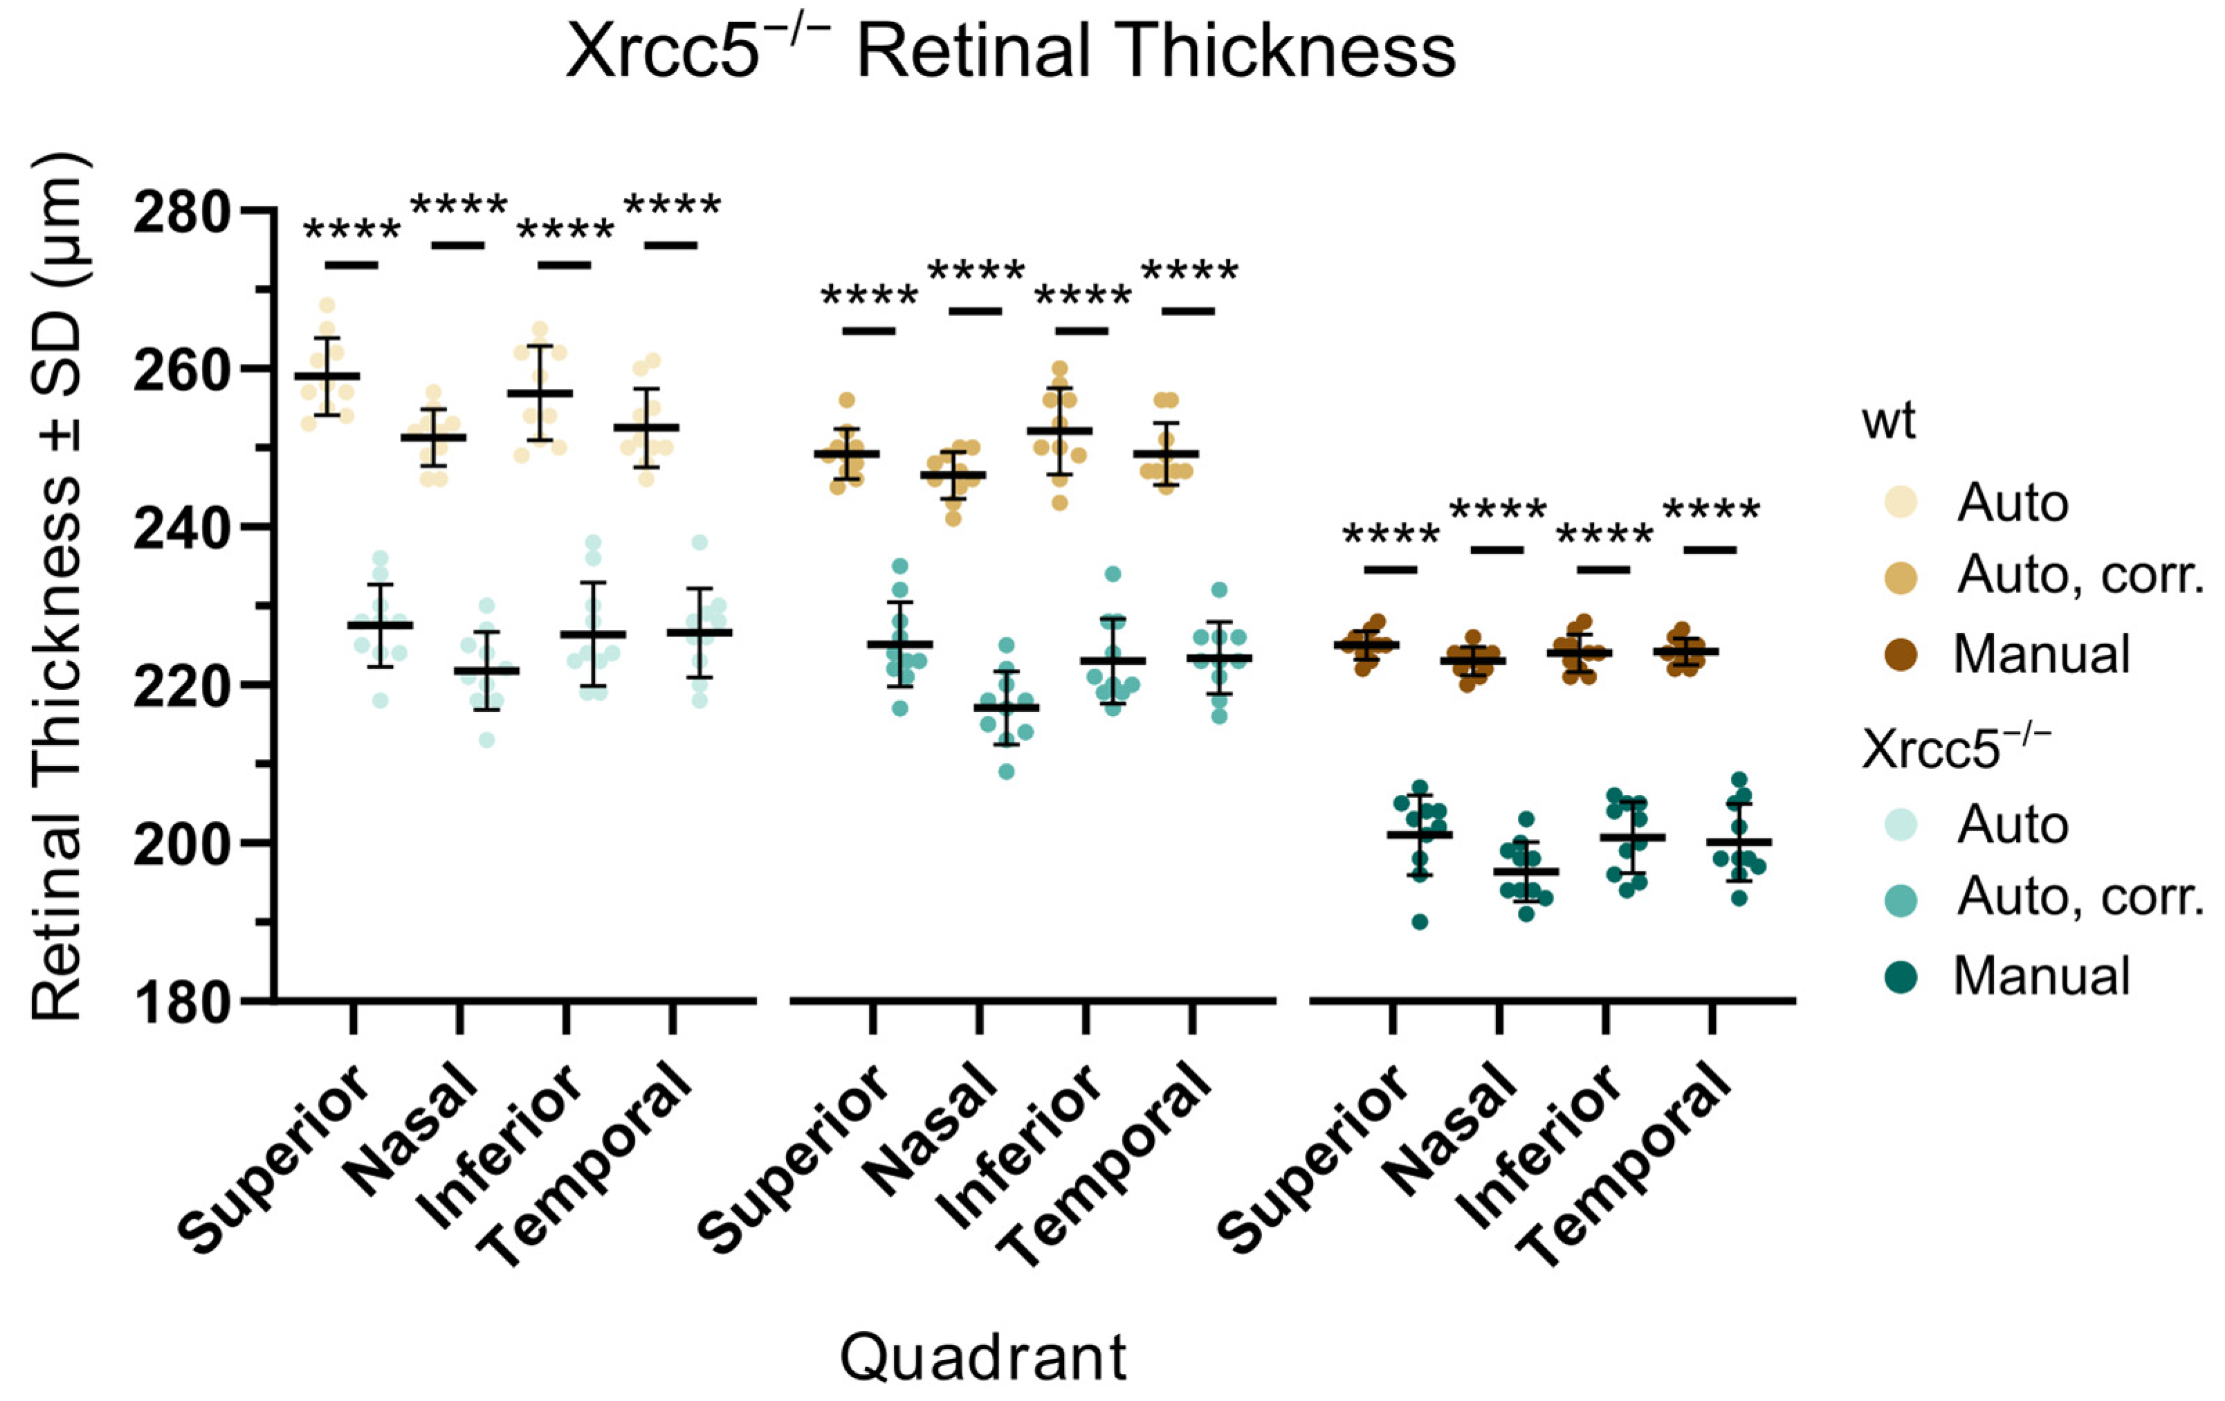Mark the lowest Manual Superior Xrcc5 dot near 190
click(1420, 922)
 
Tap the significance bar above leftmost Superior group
click(351, 265)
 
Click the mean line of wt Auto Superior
click(327, 376)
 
